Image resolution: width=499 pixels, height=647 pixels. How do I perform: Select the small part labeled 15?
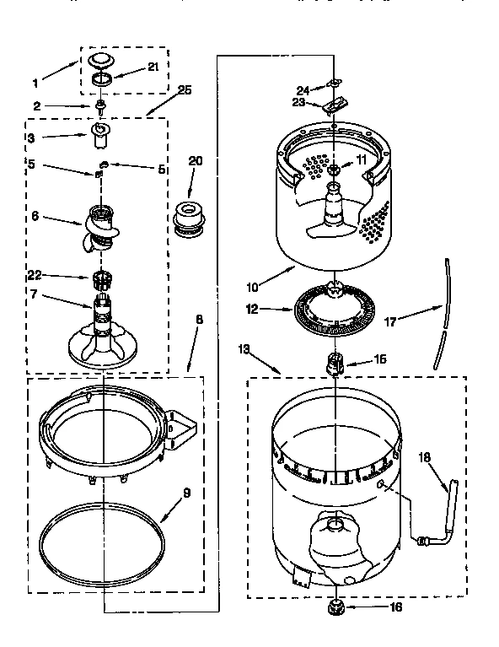[335, 364]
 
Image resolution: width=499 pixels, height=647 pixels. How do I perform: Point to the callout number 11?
[360, 159]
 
